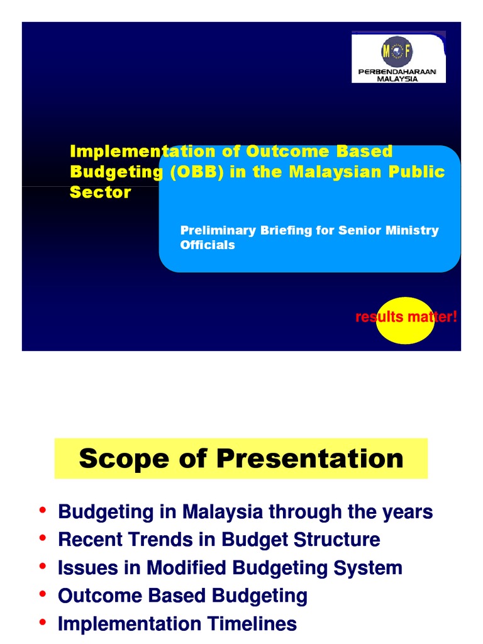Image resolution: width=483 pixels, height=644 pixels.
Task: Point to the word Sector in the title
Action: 100,192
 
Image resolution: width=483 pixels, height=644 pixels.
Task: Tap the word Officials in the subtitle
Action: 208,245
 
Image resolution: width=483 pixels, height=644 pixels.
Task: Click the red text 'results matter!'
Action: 406,317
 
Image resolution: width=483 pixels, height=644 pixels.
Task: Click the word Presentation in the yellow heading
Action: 309,458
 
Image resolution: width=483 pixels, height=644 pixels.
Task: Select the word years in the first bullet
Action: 408,512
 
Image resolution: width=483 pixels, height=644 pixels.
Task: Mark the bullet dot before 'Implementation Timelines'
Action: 42,621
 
